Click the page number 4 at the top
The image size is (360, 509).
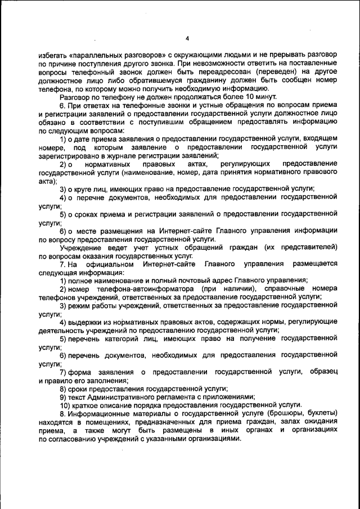187,38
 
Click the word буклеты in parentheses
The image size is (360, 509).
303,414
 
